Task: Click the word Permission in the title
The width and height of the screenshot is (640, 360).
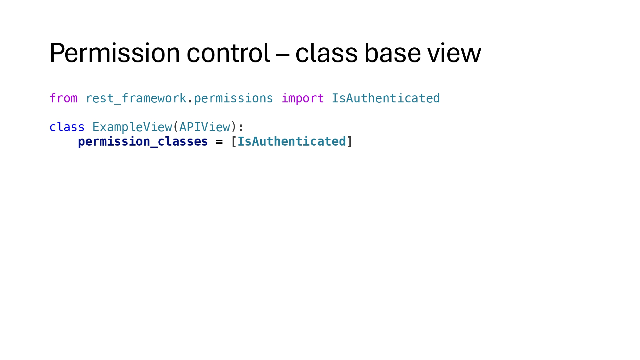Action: click(x=115, y=53)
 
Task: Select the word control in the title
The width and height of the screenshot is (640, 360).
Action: click(x=228, y=53)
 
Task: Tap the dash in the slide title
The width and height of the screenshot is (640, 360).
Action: click(x=282, y=54)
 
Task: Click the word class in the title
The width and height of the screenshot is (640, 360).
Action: click(x=326, y=53)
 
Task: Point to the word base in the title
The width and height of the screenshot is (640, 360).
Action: click(x=392, y=53)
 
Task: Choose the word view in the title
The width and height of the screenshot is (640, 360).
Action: click(x=454, y=53)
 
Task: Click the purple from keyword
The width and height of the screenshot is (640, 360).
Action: click(x=63, y=98)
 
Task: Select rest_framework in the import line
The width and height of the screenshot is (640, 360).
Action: click(x=136, y=98)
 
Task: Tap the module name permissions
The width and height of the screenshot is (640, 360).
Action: click(x=233, y=98)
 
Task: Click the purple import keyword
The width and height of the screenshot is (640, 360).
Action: click(x=302, y=98)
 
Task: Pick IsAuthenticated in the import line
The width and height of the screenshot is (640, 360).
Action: click(x=386, y=98)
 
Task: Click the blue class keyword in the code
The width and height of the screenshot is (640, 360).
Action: click(x=67, y=127)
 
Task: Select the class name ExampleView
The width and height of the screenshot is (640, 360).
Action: click(x=132, y=127)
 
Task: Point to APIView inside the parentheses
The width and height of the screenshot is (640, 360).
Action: click(x=204, y=127)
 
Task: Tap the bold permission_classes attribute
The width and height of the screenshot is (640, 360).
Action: click(x=143, y=141)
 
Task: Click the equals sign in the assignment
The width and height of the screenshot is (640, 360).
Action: click(x=219, y=141)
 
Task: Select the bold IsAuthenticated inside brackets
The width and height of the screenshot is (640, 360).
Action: click(x=292, y=141)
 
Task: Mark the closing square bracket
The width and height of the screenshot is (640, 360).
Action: click(x=349, y=141)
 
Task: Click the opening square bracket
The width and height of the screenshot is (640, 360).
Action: click(x=234, y=141)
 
